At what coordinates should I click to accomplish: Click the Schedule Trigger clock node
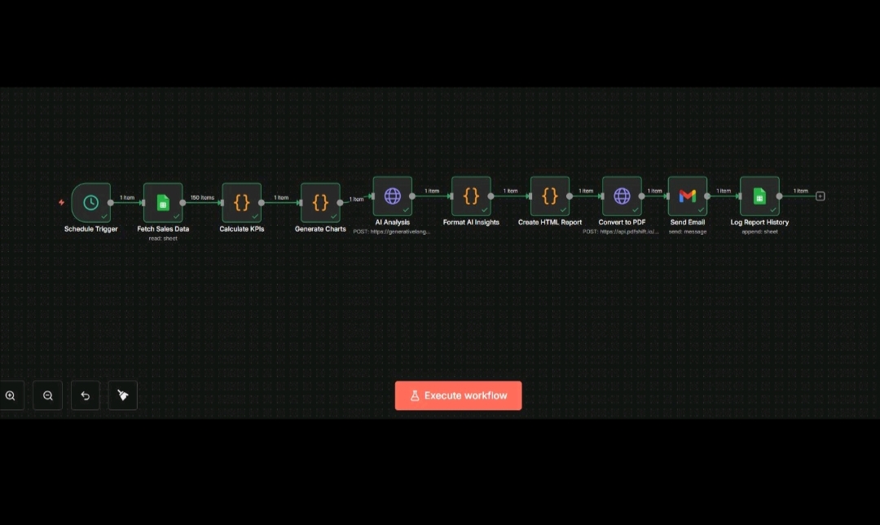click(x=90, y=202)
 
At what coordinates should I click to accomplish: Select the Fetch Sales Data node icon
click(x=163, y=202)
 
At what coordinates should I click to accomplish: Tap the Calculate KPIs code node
click(x=242, y=202)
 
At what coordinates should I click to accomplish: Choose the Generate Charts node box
click(x=320, y=202)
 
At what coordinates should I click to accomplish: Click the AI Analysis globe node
click(x=393, y=196)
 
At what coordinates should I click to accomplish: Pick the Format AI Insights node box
click(x=471, y=196)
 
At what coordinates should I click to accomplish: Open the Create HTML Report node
click(x=550, y=196)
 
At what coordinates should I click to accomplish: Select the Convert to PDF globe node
click(x=622, y=196)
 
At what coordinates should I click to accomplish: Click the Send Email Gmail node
click(x=688, y=196)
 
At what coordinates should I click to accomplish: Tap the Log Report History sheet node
click(x=759, y=196)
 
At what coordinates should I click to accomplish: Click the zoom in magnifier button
click(x=11, y=395)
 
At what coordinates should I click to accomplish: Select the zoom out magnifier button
click(x=48, y=395)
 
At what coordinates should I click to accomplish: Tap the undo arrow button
click(x=86, y=395)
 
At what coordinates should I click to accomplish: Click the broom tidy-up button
click(x=123, y=395)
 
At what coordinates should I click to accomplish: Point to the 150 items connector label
click(x=202, y=197)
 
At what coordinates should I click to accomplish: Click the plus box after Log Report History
click(x=821, y=196)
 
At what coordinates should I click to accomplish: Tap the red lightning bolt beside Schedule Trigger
click(x=61, y=202)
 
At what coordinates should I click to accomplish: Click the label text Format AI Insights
click(x=471, y=222)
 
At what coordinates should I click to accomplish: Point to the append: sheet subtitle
click(x=759, y=232)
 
